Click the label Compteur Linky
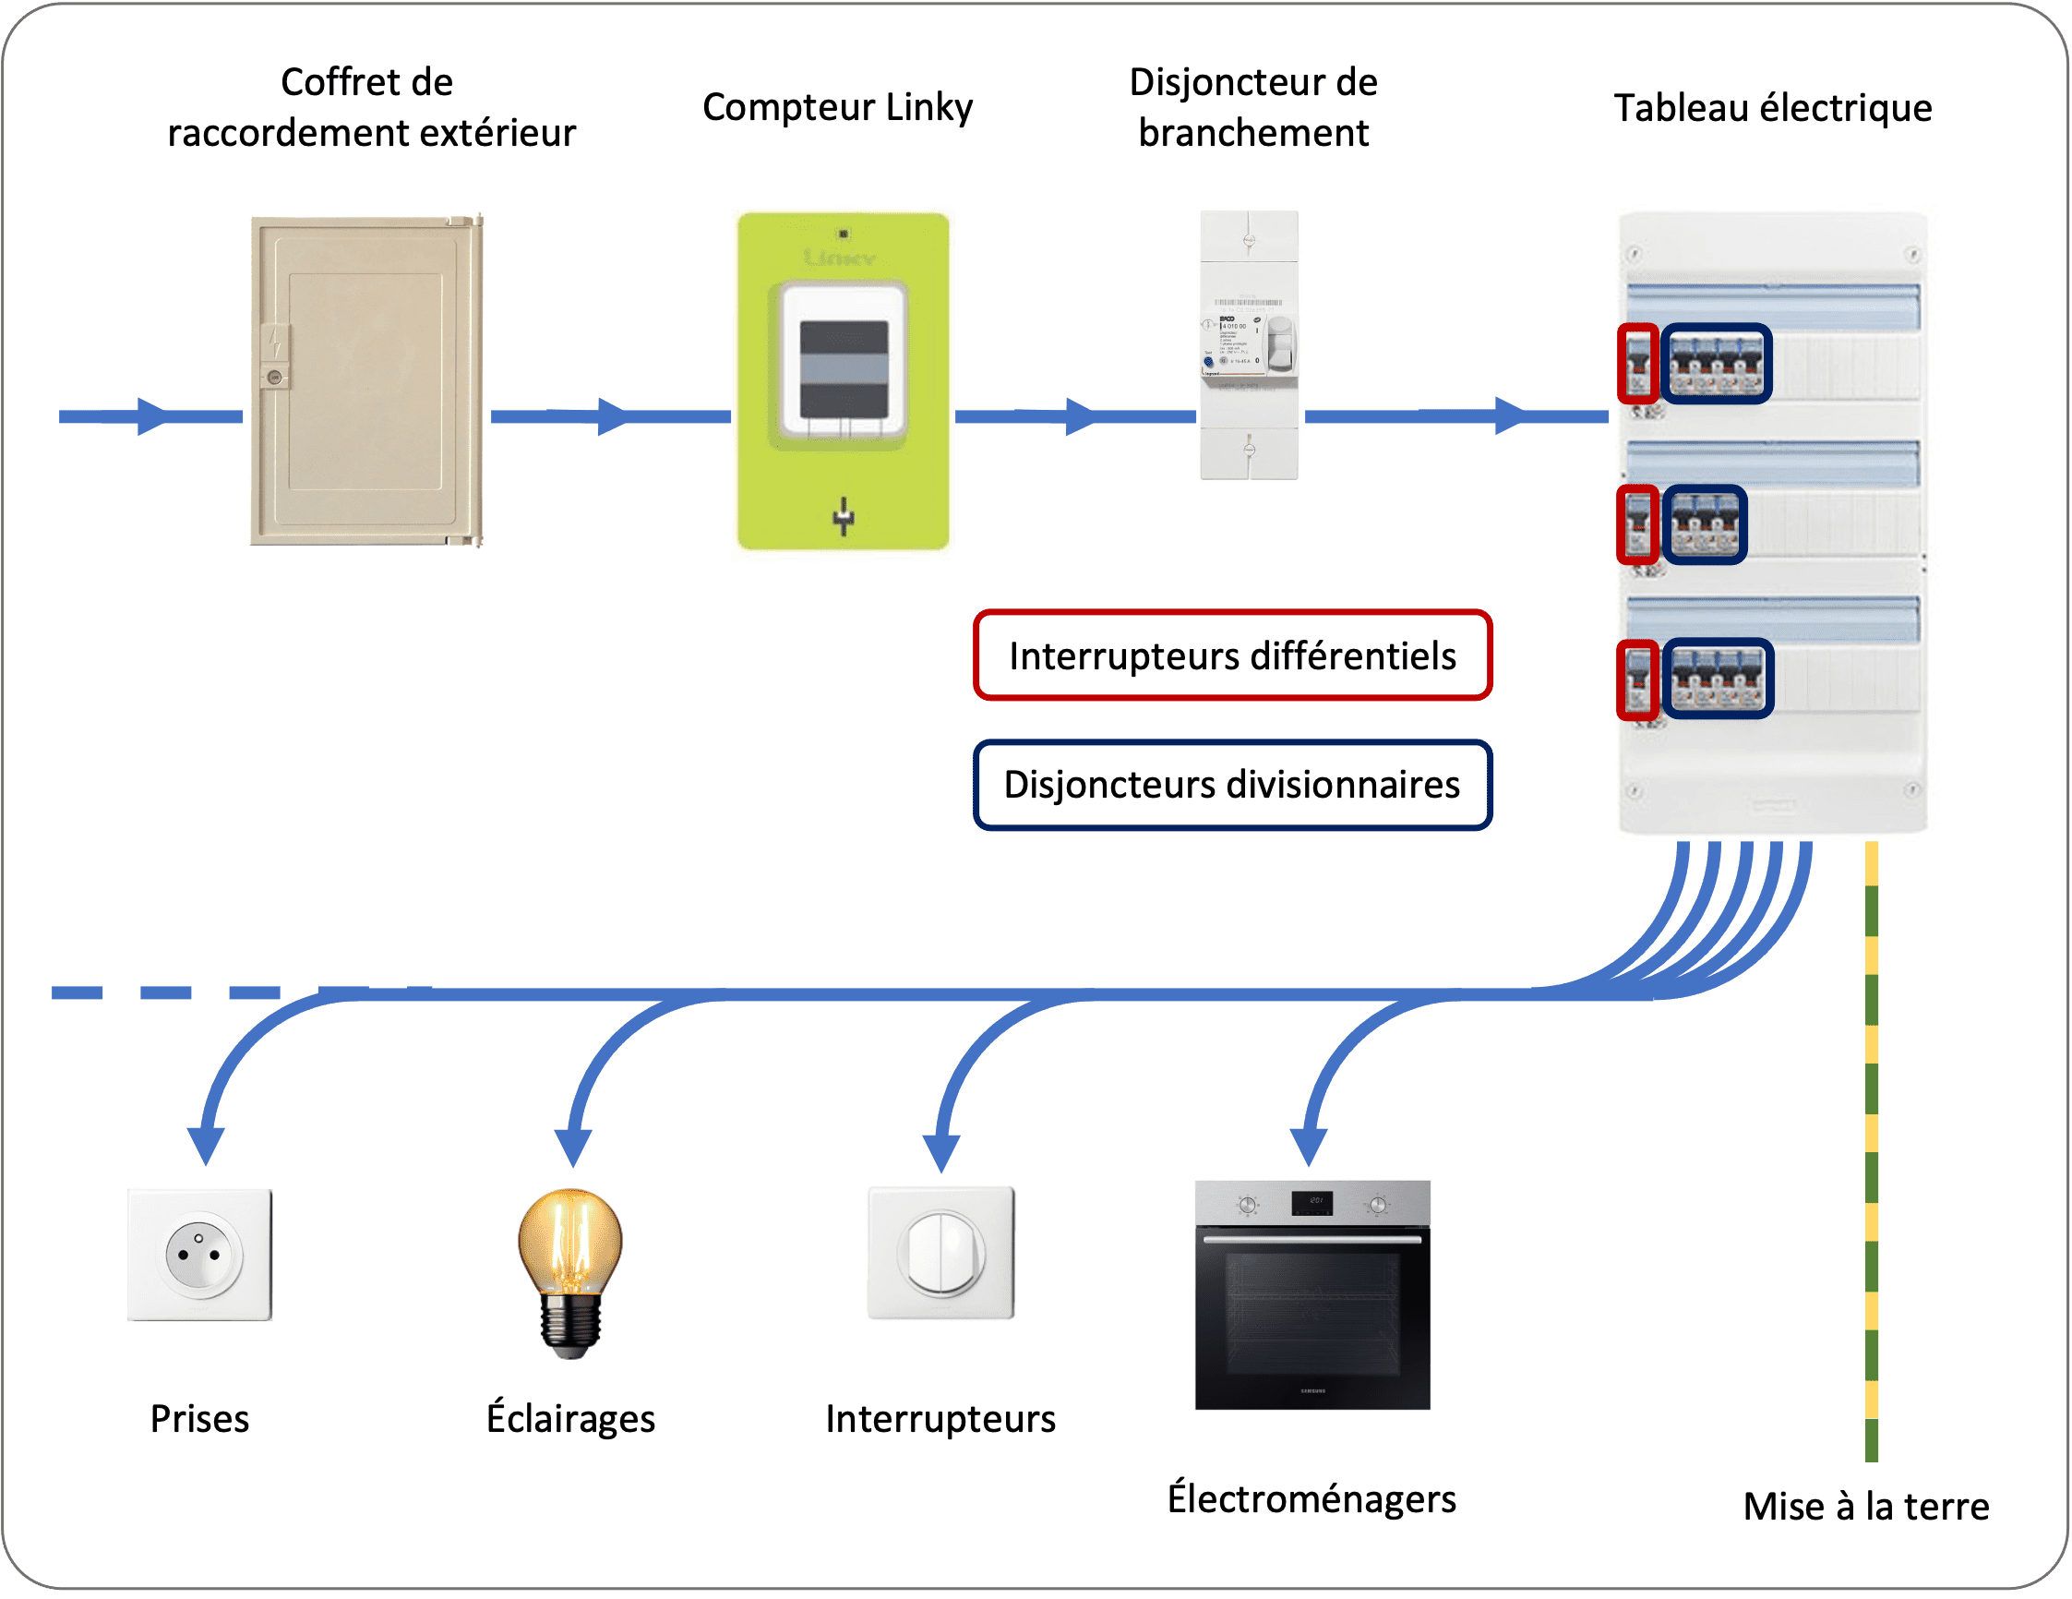click(x=837, y=107)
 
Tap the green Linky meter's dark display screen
click(x=844, y=369)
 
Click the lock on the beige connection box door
click(x=274, y=377)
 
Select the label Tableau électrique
click(x=1772, y=108)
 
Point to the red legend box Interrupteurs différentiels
click(x=1231, y=655)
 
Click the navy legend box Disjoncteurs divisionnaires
click(x=1231, y=785)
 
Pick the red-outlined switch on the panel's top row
click(x=1637, y=364)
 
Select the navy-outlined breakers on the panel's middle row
click(x=1704, y=524)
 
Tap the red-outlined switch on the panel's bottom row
click(x=1637, y=679)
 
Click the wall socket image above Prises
click(x=199, y=1254)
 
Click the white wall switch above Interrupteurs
click(x=940, y=1253)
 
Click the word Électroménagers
click(x=1311, y=1498)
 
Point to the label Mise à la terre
click(x=1865, y=1506)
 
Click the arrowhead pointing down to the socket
click(x=206, y=1145)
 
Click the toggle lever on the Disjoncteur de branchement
click(x=1280, y=346)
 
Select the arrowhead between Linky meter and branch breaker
click(x=1079, y=416)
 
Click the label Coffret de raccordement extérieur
click(x=370, y=107)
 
